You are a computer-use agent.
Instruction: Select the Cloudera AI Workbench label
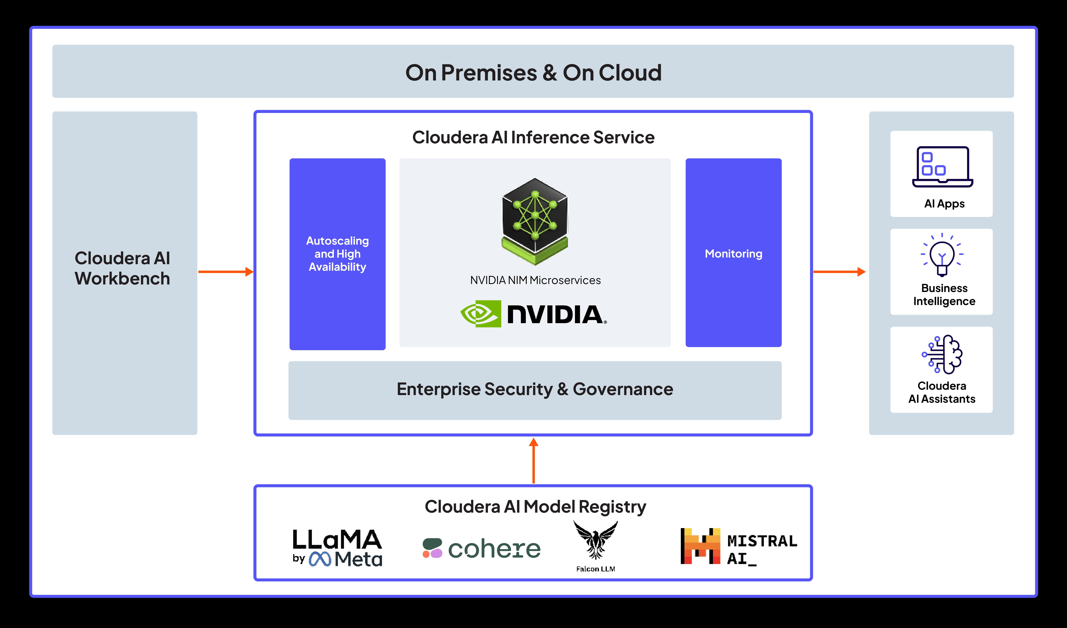point(122,268)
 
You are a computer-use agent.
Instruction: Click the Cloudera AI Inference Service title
point(533,138)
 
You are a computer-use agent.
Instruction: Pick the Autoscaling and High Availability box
point(338,254)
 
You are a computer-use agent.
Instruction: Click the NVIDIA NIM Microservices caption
point(535,280)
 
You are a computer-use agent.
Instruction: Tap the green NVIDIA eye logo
point(481,314)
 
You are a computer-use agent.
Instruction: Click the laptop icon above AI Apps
point(943,167)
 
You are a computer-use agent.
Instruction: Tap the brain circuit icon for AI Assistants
point(942,355)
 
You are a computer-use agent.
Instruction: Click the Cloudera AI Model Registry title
point(535,507)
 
